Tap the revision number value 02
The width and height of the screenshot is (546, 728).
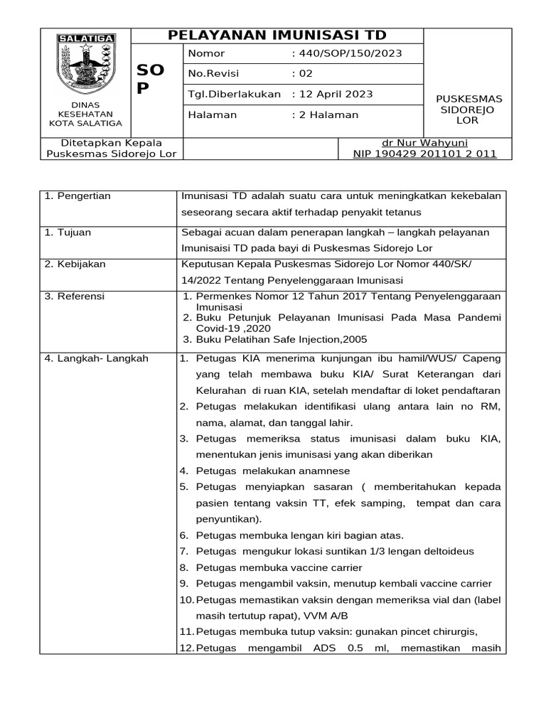coord(302,74)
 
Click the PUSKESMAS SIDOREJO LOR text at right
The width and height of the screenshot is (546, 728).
coord(468,109)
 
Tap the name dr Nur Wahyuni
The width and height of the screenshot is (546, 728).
coord(424,142)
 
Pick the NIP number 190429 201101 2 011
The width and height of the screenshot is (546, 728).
coord(424,154)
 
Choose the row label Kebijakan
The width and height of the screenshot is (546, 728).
coord(75,264)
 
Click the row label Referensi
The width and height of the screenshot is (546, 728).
coord(75,296)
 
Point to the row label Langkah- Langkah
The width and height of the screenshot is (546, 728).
coord(96,358)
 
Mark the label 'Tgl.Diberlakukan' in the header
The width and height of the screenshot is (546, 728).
coord(234,94)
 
